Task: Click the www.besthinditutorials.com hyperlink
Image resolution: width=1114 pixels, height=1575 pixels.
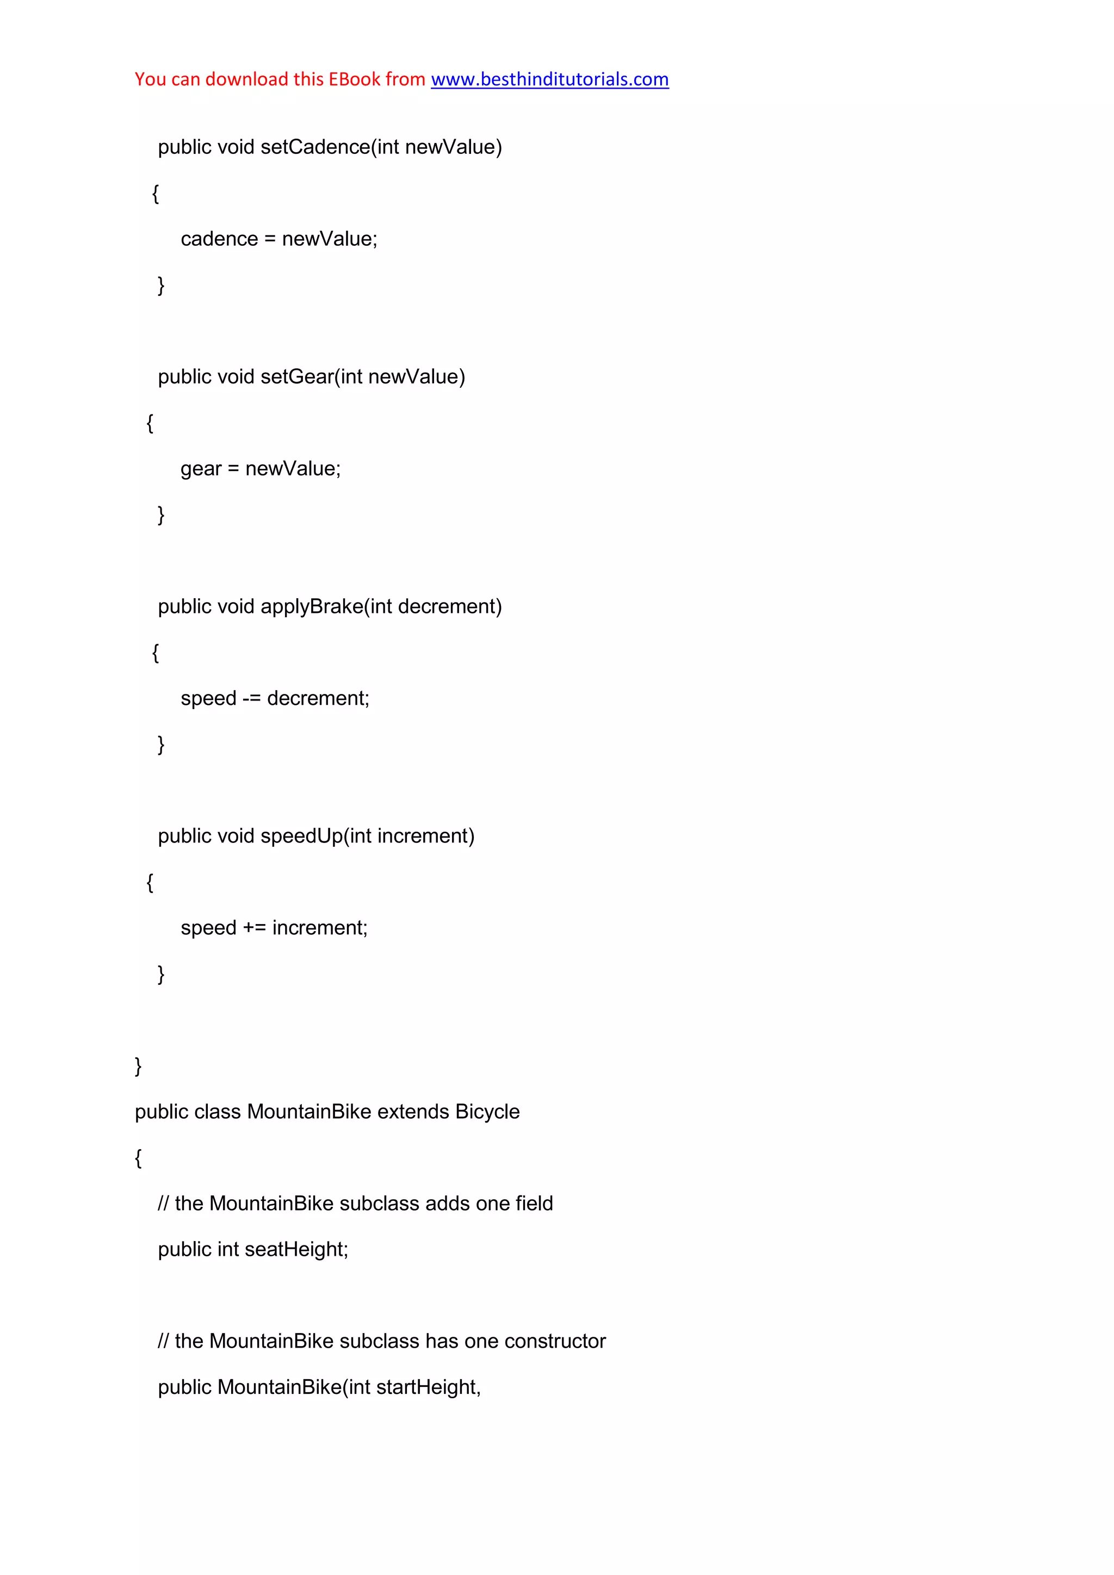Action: tap(549, 79)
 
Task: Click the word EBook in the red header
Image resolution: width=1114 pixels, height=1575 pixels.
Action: tap(354, 79)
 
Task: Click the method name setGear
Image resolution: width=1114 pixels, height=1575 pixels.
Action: tap(296, 377)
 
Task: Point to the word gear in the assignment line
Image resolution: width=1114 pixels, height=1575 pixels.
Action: tap(201, 469)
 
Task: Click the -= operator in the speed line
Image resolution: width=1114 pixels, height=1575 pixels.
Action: tap(251, 698)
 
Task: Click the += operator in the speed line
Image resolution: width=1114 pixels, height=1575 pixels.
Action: tap(254, 928)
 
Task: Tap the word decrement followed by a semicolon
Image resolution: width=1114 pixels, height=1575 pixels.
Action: tap(318, 698)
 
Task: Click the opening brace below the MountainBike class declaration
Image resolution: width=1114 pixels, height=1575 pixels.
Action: tap(138, 1158)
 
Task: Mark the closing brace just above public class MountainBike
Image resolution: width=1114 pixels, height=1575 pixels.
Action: tap(138, 1066)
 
